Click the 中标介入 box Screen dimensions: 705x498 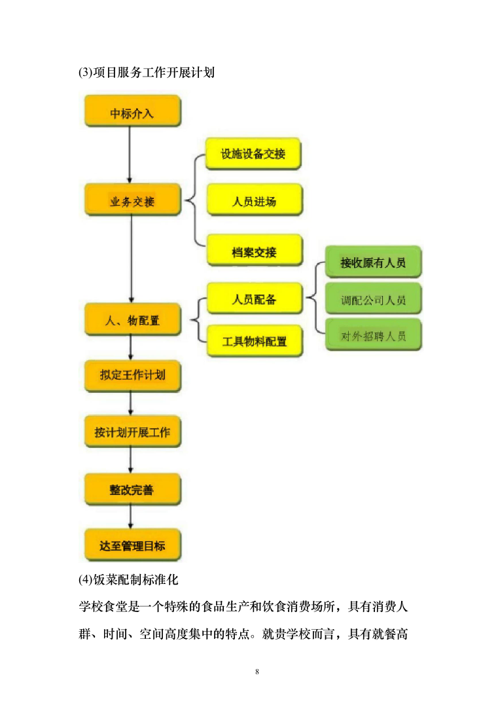(132, 112)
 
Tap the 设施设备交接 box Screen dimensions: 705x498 (254, 154)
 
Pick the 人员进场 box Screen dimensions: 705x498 (254, 200)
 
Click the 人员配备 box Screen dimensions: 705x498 (254, 300)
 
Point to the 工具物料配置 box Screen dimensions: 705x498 (254, 341)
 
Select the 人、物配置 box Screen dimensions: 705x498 (132, 320)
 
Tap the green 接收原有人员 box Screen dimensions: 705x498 (373, 262)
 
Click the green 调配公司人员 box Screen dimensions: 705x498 (373, 300)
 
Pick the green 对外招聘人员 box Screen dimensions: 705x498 (373, 336)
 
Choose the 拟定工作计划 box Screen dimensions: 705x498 (132, 375)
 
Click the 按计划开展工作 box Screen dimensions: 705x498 (132, 432)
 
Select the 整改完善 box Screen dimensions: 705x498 (132, 489)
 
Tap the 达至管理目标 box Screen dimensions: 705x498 (132, 545)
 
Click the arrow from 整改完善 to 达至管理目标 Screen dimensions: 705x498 (131, 517)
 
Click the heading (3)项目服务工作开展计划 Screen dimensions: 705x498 (146, 73)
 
